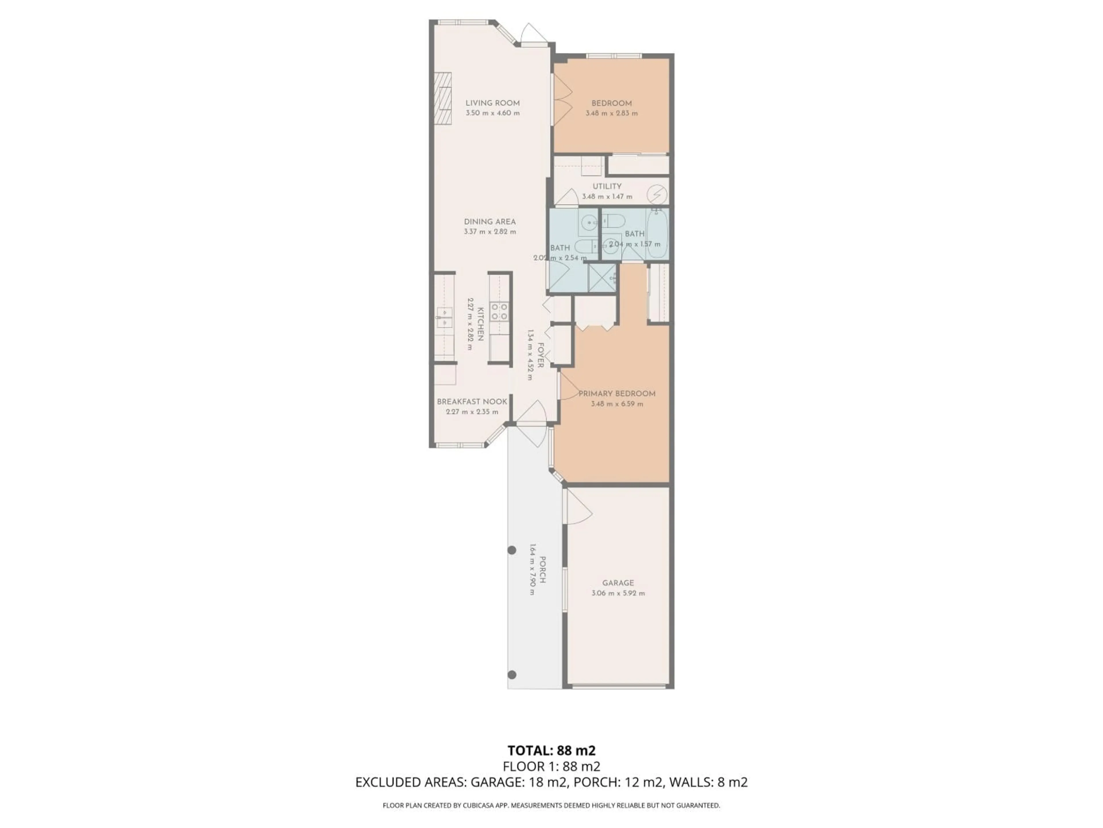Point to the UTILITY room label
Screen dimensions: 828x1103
click(607, 186)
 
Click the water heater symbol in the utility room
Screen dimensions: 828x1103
click(657, 193)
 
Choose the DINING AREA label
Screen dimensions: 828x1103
click(490, 222)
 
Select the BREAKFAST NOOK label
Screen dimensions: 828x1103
click(472, 402)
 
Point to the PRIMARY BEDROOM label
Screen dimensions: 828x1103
click(617, 393)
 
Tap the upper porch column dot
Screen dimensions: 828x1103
click(512, 550)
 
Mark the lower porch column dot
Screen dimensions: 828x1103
click(512, 675)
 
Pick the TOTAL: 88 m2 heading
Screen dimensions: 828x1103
click(551, 751)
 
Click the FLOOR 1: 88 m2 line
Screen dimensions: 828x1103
click(551, 766)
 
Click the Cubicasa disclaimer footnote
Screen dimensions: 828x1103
click(551, 805)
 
